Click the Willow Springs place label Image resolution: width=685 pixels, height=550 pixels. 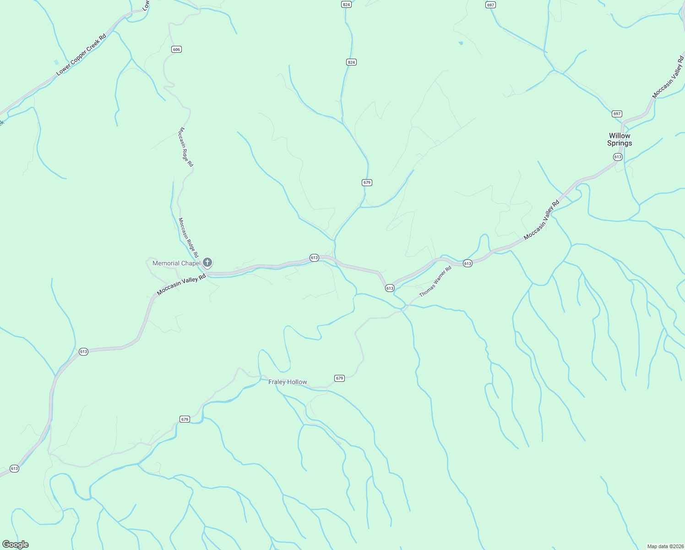pos(620,139)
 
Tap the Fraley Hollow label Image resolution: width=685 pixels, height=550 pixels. pos(288,382)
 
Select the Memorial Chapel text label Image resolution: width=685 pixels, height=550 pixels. pos(176,263)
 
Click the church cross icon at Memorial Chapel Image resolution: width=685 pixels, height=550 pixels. pos(207,263)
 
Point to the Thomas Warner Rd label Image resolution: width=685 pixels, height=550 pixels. pos(435,281)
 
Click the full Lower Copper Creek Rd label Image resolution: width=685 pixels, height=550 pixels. pos(82,55)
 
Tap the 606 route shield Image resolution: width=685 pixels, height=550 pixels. pos(177,49)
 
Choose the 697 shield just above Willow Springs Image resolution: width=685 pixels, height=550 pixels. pos(617,114)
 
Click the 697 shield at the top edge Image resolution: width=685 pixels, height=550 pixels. pos(490,5)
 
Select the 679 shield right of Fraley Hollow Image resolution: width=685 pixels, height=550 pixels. pos(339,378)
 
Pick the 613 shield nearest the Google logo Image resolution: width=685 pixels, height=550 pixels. pos(14,468)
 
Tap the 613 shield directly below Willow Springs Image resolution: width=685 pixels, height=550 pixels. pos(618,157)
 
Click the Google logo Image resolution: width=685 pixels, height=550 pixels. pos(16,544)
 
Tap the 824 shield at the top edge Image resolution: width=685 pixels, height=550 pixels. pos(346,5)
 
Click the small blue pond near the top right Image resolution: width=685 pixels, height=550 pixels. pos(461,44)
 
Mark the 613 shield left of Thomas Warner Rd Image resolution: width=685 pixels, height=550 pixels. pos(390,288)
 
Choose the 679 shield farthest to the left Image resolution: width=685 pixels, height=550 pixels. pos(185,419)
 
